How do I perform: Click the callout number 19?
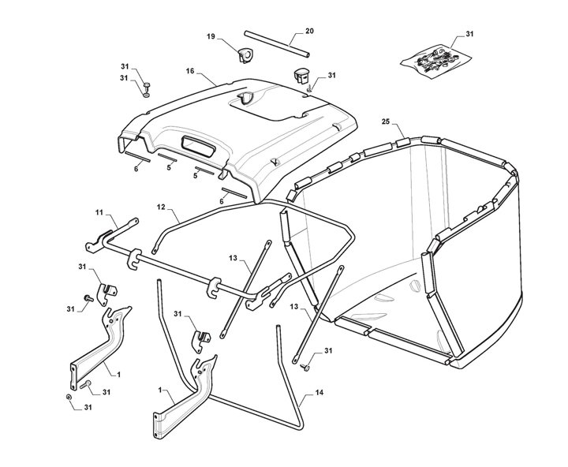click(211, 37)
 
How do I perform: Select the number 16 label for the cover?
click(190, 71)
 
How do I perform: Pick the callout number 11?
click(99, 212)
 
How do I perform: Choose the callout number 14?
click(319, 392)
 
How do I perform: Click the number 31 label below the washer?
click(87, 407)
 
